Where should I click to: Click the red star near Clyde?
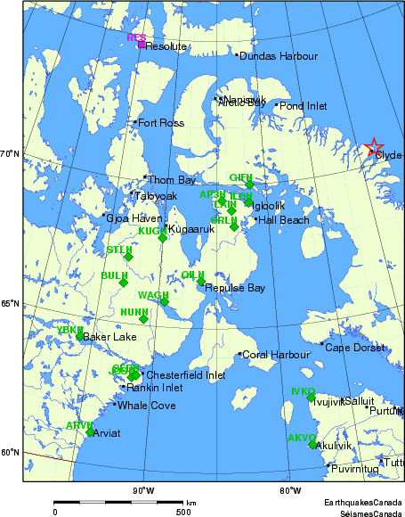(375, 147)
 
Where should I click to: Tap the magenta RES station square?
(142, 44)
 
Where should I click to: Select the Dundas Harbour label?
(279, 56)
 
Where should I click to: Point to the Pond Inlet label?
(304, 106)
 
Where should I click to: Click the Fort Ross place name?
(160, 123)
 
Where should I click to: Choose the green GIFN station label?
(241, 177)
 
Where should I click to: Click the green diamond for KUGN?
(163, 237)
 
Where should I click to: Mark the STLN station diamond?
(128, 257)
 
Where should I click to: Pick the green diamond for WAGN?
(164, 301)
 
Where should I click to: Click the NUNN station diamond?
(143, 318)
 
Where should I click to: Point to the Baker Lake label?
(109, 337)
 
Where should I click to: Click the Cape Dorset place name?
(355, 347)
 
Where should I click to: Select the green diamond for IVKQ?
(312, 398)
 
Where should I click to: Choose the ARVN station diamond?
(90, 432)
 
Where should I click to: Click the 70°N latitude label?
(11, 155)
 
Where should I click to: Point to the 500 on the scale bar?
(183, 512)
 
